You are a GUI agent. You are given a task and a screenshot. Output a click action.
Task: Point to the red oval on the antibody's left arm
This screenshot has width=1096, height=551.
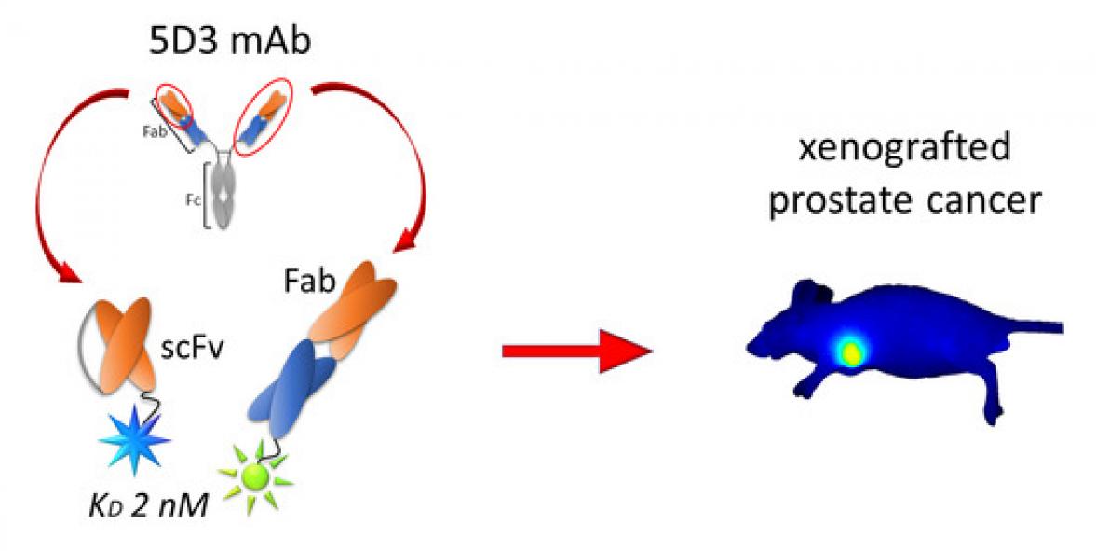pyautogui.click(x=174, y=105)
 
